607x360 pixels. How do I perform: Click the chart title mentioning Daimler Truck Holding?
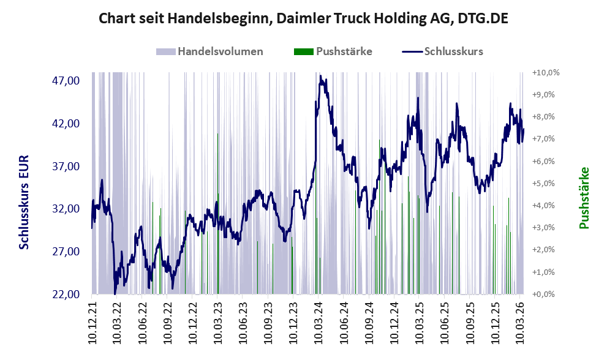click(x=303, y=18)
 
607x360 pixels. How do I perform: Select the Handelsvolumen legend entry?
click(x=209, y=51)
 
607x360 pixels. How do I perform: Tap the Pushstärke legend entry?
click(x=333, y=51)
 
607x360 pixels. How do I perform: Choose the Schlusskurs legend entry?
click(x=442, y=51)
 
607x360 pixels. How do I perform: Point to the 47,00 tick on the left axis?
click(x=66, y=81)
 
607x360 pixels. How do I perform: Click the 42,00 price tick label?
click(x=66, y=124)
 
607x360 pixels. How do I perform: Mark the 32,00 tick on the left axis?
click(x=66, y=209)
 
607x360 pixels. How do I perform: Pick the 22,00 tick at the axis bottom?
click(x=66, y=294)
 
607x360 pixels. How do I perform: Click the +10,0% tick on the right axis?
click(x=546, y=72)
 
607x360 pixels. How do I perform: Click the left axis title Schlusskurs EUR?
click(x=24, y=203)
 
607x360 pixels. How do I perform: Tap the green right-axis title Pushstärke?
click(x=584, y=198)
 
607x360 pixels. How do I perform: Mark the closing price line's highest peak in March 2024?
click(x=320, y=76)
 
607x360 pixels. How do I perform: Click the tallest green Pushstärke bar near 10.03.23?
click(x=217, y=214)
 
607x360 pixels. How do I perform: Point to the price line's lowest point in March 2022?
click(x=115, y=294)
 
